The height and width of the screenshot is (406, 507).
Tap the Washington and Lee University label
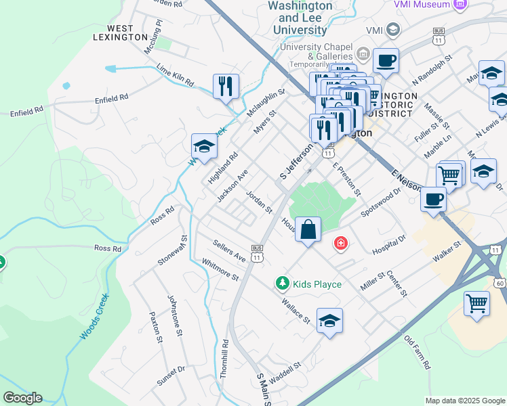[x=300, y=18]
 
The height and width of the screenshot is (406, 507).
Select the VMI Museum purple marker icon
[x=462, y=5]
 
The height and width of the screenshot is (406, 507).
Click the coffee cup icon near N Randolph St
[x=386, y=61]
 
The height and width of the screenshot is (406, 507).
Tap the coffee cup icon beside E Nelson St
[x=434, y=199]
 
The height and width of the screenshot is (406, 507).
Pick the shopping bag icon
[x=308, y=229]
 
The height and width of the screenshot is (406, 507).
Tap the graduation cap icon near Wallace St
[x=329, y=321]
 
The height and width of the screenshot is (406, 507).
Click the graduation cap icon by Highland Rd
[x=204, y=145]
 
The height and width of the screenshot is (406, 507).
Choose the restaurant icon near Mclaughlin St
[x=226, y=86]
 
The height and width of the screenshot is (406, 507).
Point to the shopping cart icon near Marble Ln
[x=449, y=175]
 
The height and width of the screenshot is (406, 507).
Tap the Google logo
[x=22, y=398]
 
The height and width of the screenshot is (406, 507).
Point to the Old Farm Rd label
[x=417, y=354]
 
